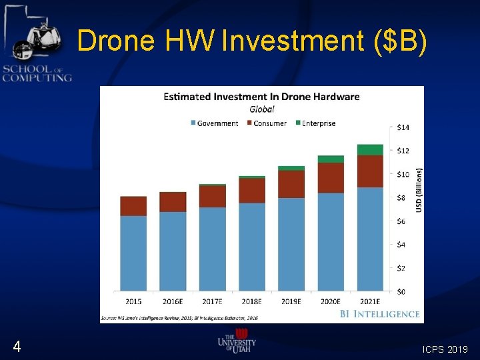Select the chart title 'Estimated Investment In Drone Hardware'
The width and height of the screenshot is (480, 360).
pos(261,97)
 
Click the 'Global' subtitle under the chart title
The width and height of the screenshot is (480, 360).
pos(261,109)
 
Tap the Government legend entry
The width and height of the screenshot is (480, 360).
pos(214,123)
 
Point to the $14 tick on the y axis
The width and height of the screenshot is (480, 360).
pos(403,127)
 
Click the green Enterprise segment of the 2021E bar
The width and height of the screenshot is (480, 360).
pos(370,150)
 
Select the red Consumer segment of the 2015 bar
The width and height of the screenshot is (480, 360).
pos(133,206)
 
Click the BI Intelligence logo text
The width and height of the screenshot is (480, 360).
pos(379,313)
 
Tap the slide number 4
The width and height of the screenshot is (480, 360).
pos(17,347)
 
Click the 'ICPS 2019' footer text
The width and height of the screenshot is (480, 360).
pos(446,349)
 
